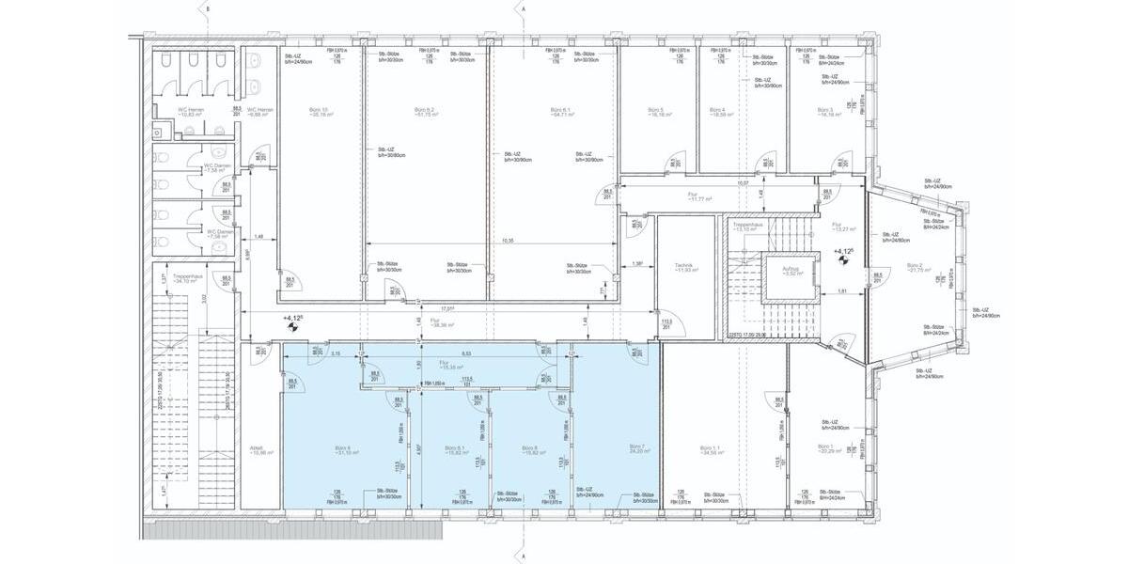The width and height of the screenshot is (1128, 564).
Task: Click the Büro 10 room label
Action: (x=319, y=111)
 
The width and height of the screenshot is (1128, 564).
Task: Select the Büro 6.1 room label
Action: (x=562, y=111)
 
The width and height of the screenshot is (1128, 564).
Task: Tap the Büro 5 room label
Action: (x=656, y=111)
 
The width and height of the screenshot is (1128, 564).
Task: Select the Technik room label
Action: (x=686, y=266)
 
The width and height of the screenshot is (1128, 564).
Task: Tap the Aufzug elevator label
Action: (x=791, y=270)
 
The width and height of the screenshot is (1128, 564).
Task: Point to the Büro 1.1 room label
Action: (x=711, y=450)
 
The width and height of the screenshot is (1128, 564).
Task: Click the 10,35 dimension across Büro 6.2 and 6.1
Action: (x=507, y=241)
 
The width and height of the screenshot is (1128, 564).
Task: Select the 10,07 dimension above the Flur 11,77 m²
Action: (x=743, y=183)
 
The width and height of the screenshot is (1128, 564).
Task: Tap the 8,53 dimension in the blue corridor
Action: (x=466, y=352)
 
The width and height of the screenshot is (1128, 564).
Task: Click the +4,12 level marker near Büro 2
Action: (x=843, y=252)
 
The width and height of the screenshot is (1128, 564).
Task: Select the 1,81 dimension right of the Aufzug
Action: (x=843, y=291)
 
